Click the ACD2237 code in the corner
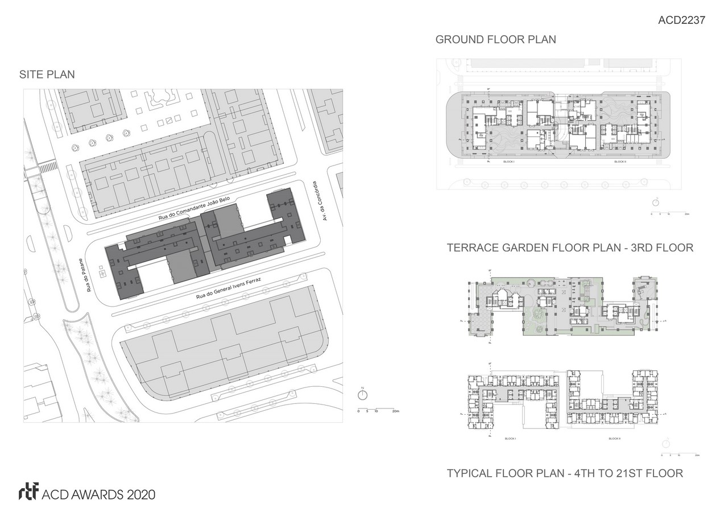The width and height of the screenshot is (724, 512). coord(681,20)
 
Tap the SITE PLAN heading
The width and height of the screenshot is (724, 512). coord(47,75)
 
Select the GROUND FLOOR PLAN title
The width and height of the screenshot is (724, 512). coord(495,40)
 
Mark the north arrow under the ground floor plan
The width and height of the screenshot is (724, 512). coord(656,202)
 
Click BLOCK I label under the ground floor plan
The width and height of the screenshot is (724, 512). coord(508,162)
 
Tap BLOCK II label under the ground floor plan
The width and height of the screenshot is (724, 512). coord(620,162)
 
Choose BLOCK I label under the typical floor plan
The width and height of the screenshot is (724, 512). coord(510,439)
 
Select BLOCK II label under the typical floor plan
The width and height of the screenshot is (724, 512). coord(614,439)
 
